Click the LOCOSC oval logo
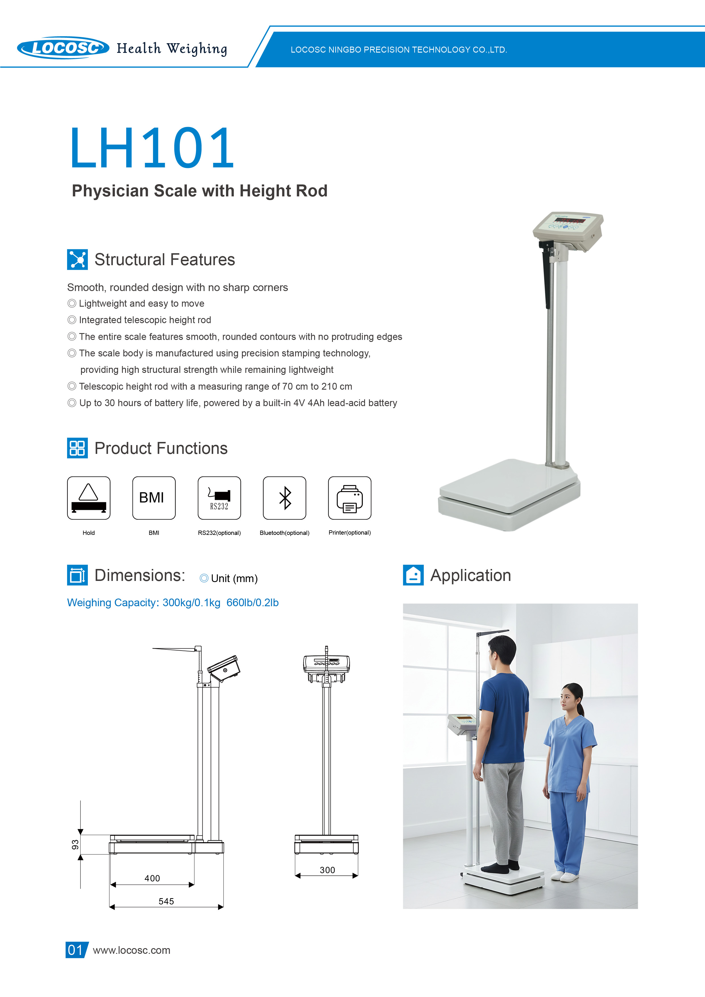(x=63, y=47)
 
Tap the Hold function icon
(x=89, y=498)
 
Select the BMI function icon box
(x=154, y=498)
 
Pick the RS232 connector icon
(x=219, y=498)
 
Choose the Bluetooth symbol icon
(x=285, y=498)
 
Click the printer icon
(x=350, y=498)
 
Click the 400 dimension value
(x=152, y=878)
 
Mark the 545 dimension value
(x=166, y=901)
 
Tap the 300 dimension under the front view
(x=327, y=870)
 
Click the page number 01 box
(x=76, y=950)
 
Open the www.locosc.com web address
(x=132, y=950)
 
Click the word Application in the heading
(x=470, y=575)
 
